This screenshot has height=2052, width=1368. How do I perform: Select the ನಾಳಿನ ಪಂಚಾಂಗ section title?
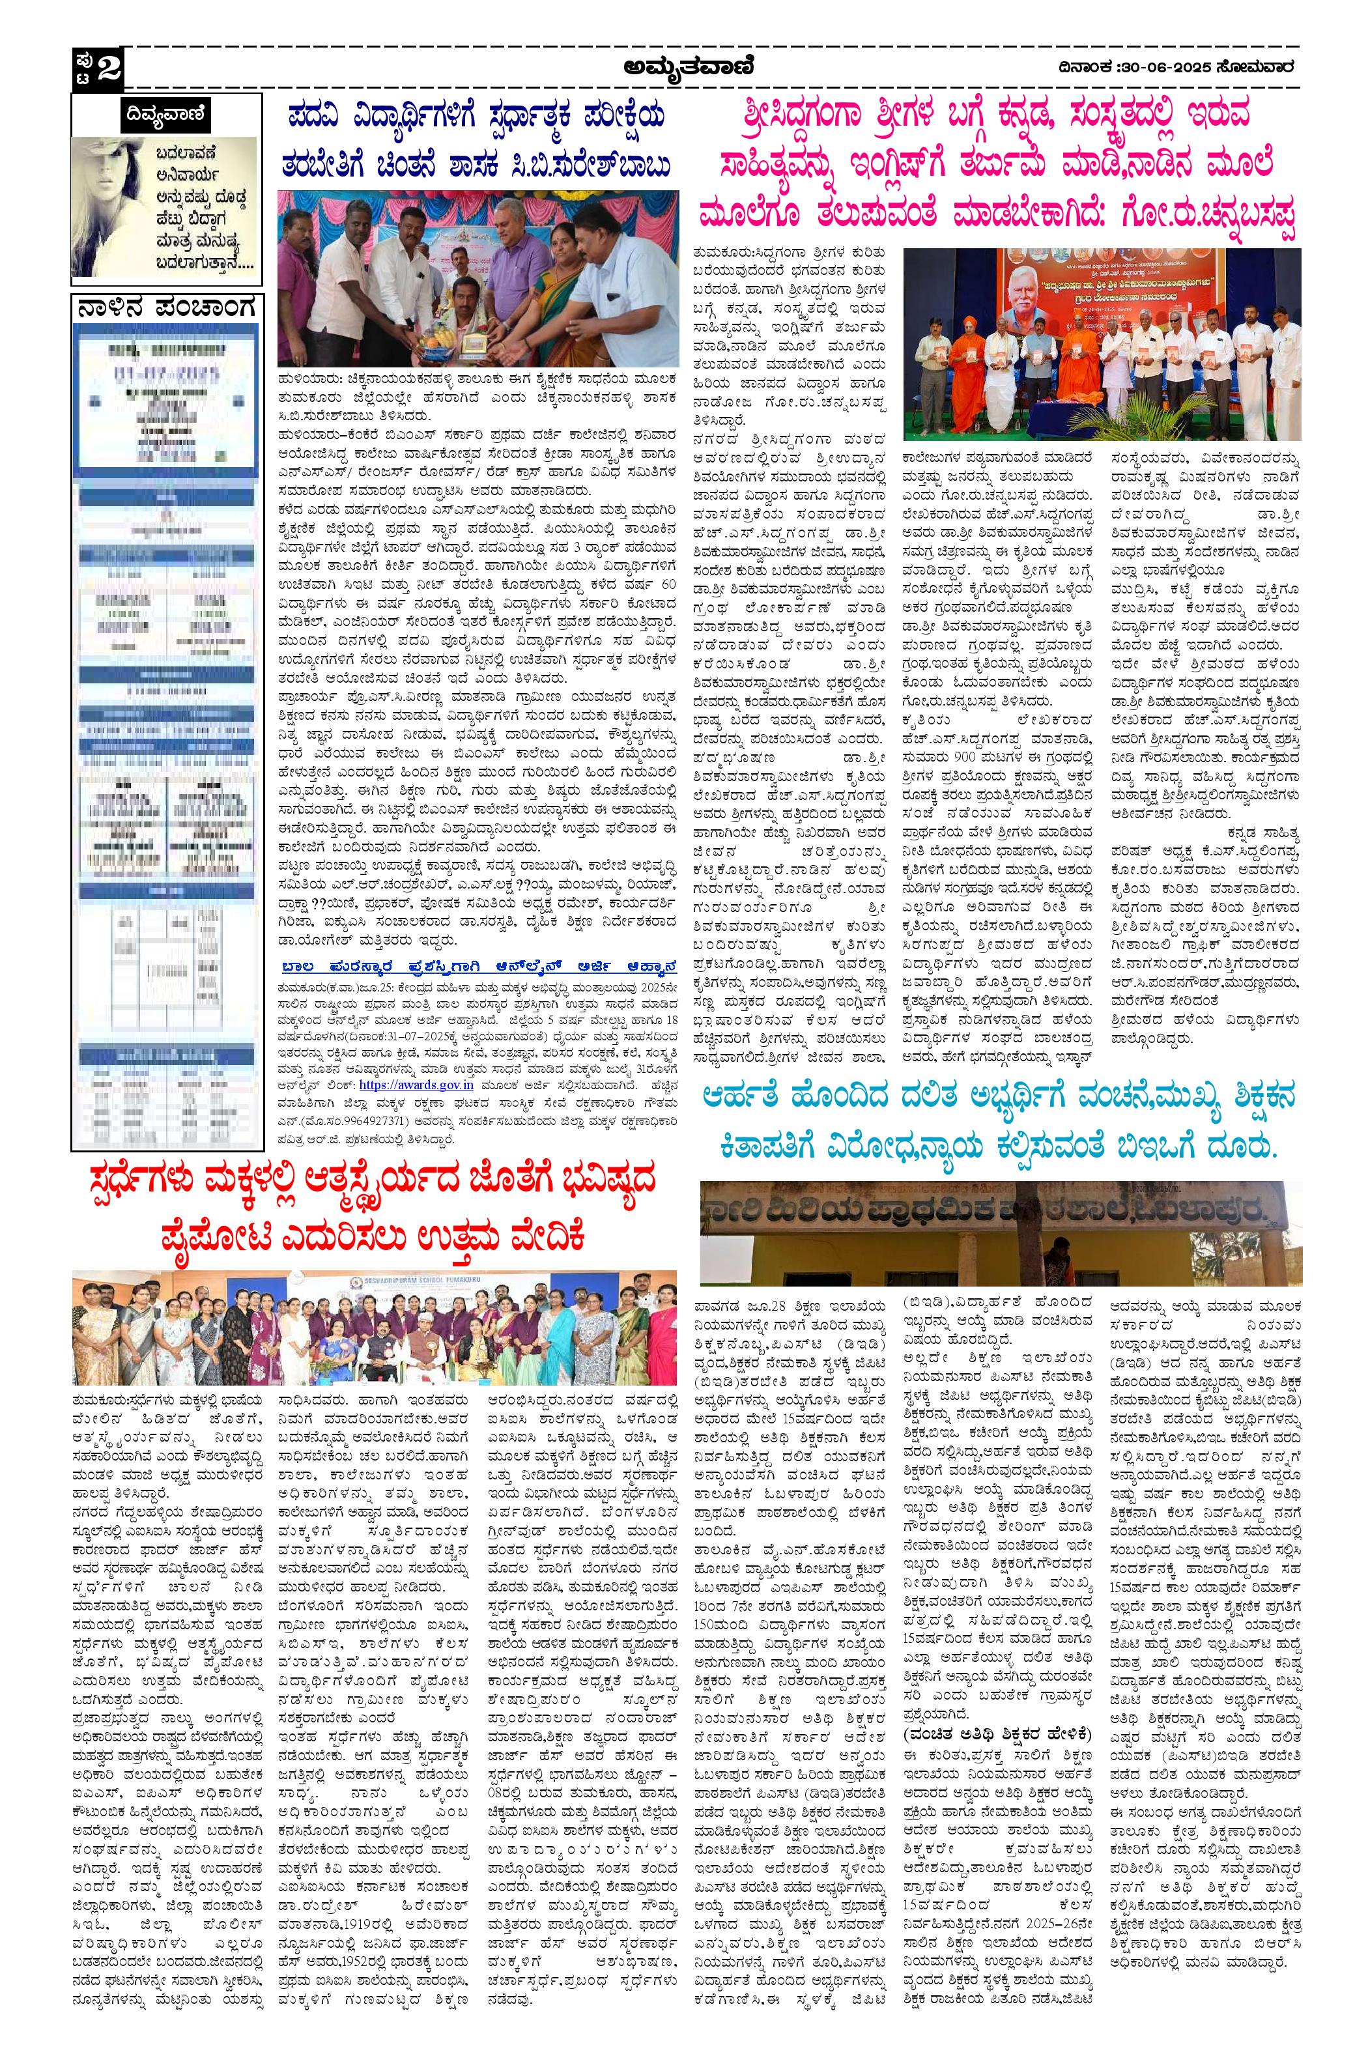165,308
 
